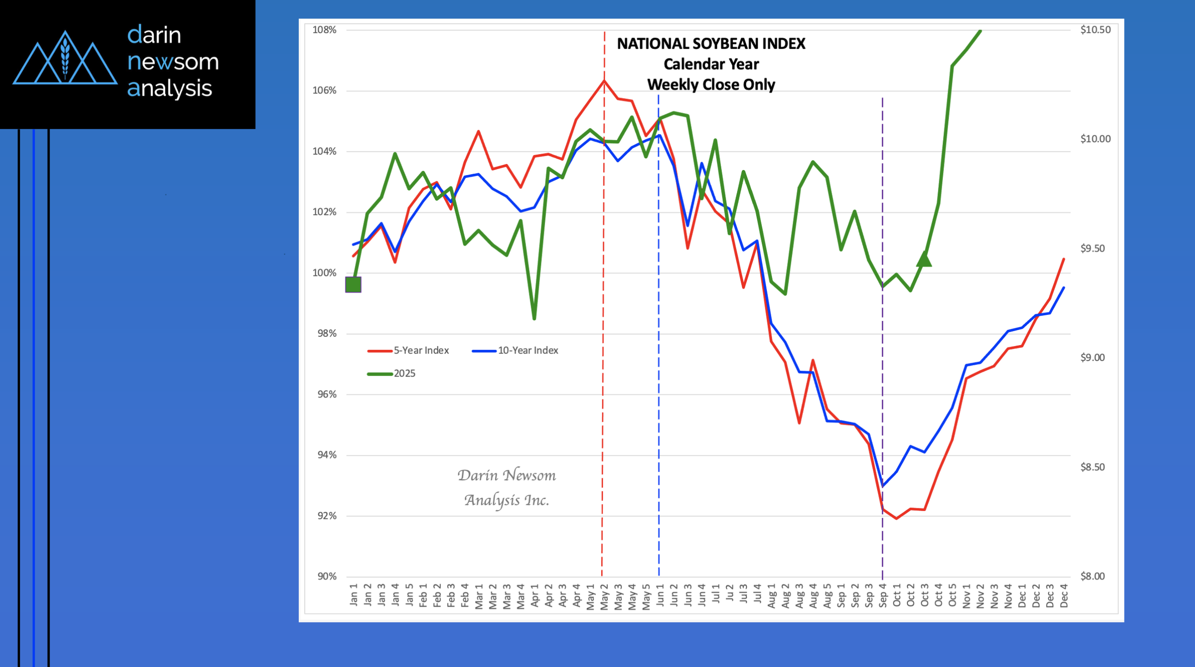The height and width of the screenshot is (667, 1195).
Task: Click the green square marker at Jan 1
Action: [353, 284]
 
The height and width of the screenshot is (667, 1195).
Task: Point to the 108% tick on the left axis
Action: [324, 30]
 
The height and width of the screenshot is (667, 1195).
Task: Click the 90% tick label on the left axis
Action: [327, 576]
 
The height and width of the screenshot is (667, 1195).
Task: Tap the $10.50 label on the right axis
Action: [1095, 30]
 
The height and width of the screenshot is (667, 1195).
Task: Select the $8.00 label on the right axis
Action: [1092, 576]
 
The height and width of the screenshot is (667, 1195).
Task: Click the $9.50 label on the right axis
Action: [1092, 248]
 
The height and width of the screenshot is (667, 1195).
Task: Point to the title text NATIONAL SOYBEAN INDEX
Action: [711, 44]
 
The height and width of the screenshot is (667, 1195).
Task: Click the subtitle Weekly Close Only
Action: [711, 85]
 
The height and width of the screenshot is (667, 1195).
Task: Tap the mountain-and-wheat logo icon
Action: [65, 58]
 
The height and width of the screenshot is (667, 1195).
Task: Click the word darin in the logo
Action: [154, 35]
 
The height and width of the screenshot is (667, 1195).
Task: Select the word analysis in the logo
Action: [169, 88]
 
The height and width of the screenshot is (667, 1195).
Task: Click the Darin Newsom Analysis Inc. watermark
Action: [506, 488]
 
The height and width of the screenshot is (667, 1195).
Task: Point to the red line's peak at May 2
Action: [604, 80]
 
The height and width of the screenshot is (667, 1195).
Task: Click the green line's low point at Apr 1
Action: [534, 319]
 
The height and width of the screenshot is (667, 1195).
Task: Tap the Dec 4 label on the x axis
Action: [1064, 596]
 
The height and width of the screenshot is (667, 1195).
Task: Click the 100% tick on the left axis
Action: [324, 273]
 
